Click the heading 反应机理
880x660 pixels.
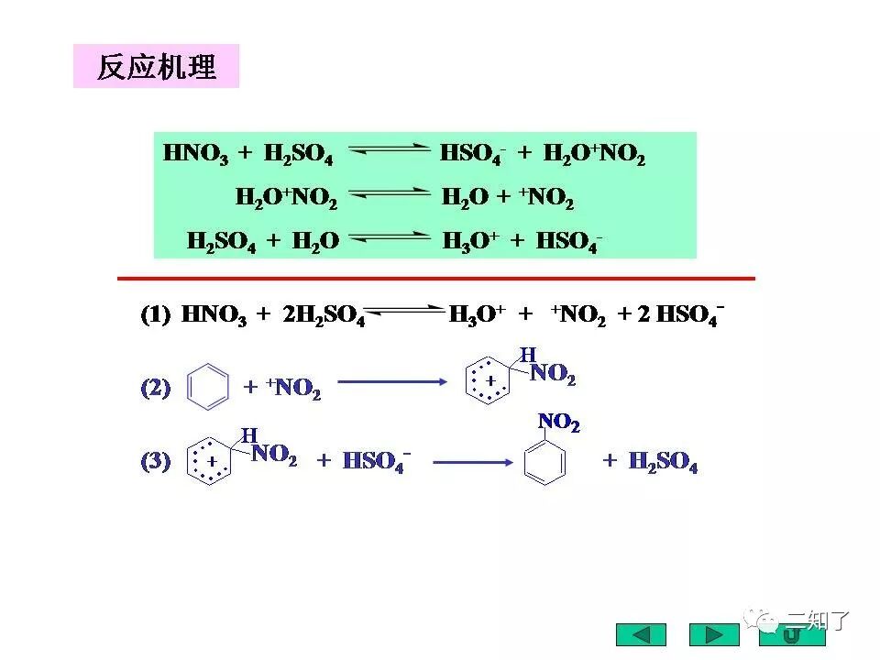point(156,67)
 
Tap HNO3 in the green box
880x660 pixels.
point(195,154)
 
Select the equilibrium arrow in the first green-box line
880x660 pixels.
point(389,152)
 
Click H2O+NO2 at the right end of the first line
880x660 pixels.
point(594,154)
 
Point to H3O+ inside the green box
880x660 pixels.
point(470,241)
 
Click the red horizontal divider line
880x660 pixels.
point(436,278)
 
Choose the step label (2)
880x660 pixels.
point(155,388)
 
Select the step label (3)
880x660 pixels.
point(155,461)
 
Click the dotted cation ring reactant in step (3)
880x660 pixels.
point(210,461)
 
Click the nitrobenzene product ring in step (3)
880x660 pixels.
point(544,461)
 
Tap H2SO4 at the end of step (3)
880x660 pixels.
point(663,462)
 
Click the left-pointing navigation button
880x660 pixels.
point(641,634)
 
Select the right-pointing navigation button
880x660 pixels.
point(714,634)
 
